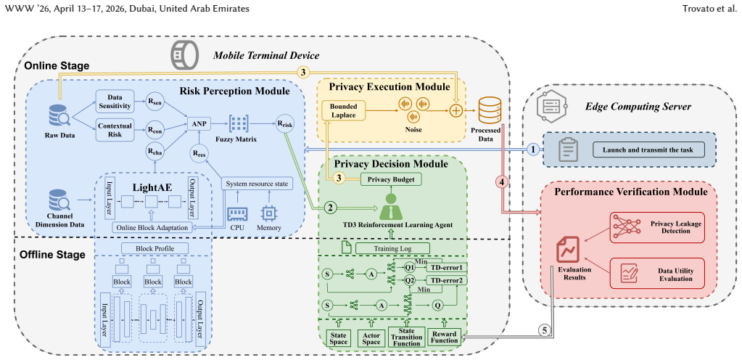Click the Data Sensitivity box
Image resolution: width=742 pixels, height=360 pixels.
pyautogui.click(x=115, y=101)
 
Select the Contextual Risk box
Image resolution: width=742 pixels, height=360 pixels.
pyautogui.click(x=115, y=129)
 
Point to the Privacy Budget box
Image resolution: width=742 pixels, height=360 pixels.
pyautogui.click(x=391, y=179)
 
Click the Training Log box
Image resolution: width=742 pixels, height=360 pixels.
pyautogui.click(x=392, y=247)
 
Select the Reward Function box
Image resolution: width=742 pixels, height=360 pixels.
pyautogui.click(x=445, y=337)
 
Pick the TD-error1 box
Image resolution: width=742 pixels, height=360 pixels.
pyautogui.click(x=447, y=268)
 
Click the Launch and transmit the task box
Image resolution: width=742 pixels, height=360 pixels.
pyautogui.click(x=648, y=150)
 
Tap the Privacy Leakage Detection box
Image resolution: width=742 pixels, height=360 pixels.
pyautogui.click(x=657, y=227)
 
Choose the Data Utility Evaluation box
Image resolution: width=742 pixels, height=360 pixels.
pyautogui.click(x=657, y=274)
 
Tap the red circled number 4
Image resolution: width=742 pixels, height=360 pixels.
pyautogui.click(x=503, y=181)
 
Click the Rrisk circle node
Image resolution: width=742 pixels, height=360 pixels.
pyautogui.click(x=284, y=123)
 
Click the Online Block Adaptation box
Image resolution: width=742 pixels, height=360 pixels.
pyautogui.click(x=152, y=228)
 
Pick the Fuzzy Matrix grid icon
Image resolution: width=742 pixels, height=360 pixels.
pyautogui.click(x=239, y=124)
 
